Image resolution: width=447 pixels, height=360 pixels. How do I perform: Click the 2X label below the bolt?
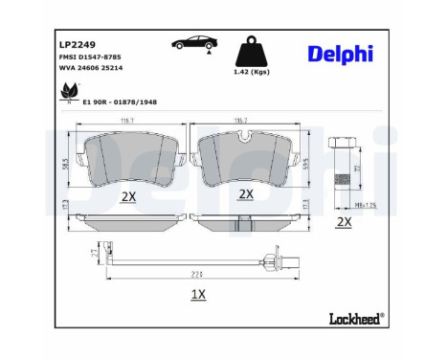[346, 221]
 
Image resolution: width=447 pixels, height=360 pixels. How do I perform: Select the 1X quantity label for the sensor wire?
[198, 295]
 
